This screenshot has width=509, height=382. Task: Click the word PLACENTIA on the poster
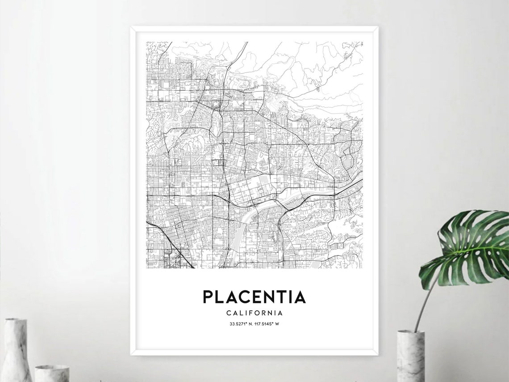254,297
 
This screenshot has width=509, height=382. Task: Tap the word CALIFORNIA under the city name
254,313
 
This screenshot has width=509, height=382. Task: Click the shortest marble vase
52,374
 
